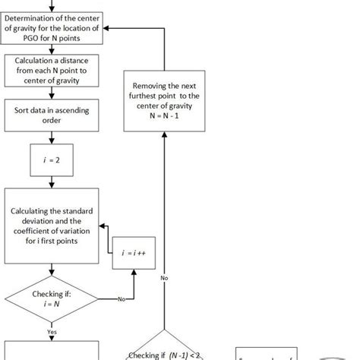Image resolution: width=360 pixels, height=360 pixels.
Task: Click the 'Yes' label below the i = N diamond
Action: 51,331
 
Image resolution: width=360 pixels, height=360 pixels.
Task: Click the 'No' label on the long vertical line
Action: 163,278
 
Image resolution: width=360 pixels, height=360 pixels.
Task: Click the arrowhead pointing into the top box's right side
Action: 106,28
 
